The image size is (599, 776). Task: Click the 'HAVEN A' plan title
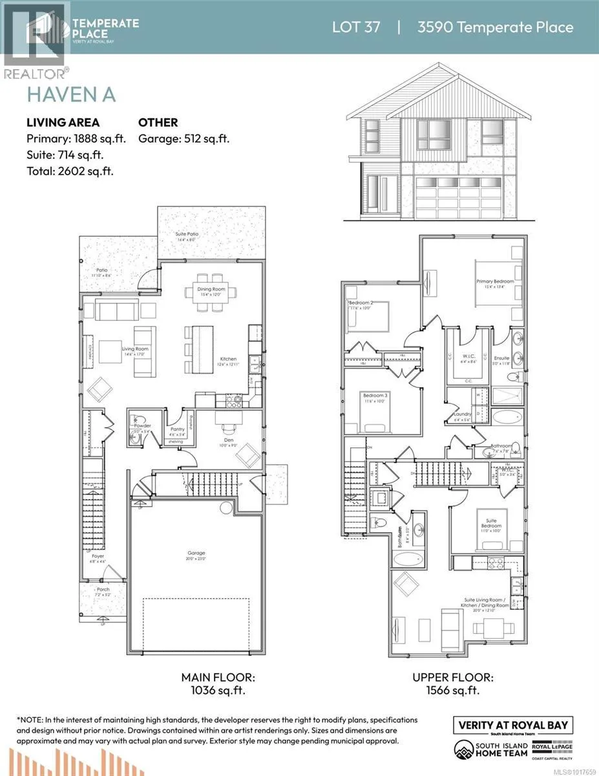click(71, 94)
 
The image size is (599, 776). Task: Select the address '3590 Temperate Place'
click(495, 27)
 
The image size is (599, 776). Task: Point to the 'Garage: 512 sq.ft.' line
click(184, 138)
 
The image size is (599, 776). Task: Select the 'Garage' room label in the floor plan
click(196, 553)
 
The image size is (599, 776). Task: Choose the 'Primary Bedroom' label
click(495, 281)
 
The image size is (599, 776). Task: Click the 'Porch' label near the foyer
click(103, 590)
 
